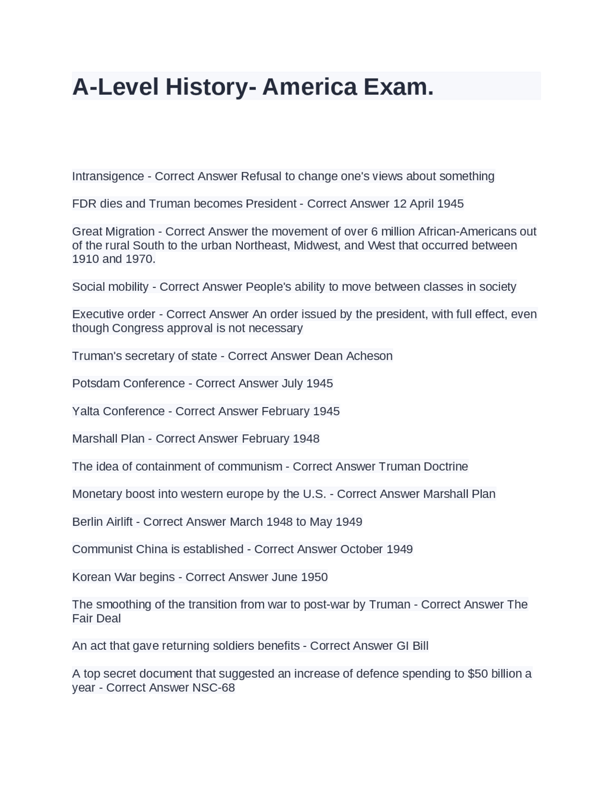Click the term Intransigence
108,176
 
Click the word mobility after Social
126,287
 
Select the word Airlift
115,522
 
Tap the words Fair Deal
96,619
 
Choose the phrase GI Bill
412,646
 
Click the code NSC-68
213,688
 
